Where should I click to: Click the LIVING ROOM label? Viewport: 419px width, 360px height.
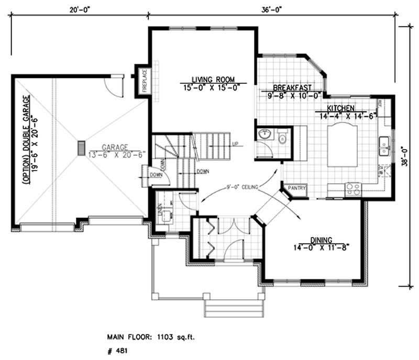coord(209,76)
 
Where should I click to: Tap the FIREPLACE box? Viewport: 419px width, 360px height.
coord(145,81)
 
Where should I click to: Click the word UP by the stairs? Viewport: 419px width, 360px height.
coord(236,143)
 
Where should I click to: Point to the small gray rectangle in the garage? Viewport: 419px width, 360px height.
coord(81,148)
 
